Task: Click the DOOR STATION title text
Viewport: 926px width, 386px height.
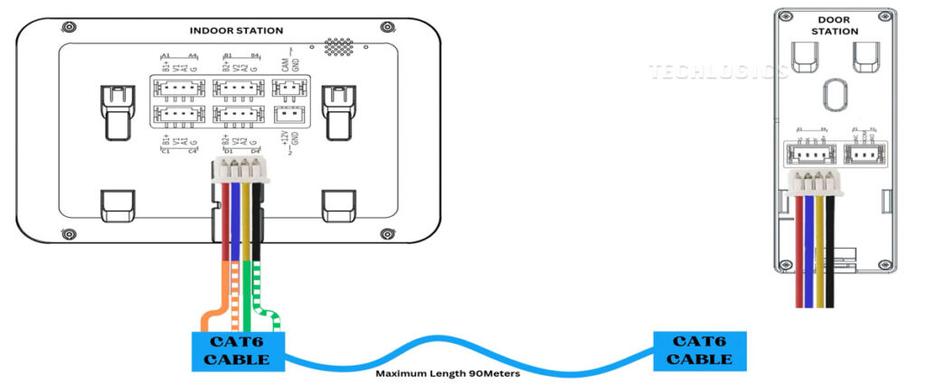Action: click(x=834, y=25)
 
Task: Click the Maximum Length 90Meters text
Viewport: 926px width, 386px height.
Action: click(x=448, y=372)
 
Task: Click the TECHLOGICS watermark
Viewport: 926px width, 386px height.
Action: click(x=718, y=71)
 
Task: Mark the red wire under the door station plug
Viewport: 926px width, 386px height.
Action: click(x=799, y=253)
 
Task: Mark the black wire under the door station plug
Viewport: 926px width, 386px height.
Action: click(x=831, y=253)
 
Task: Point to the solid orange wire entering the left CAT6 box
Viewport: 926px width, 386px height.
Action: click(x=210, y=316)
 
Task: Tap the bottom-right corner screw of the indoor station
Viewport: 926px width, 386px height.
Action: click(x=388, y=234)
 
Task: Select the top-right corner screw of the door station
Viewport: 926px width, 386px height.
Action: click(x=883, y=15)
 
